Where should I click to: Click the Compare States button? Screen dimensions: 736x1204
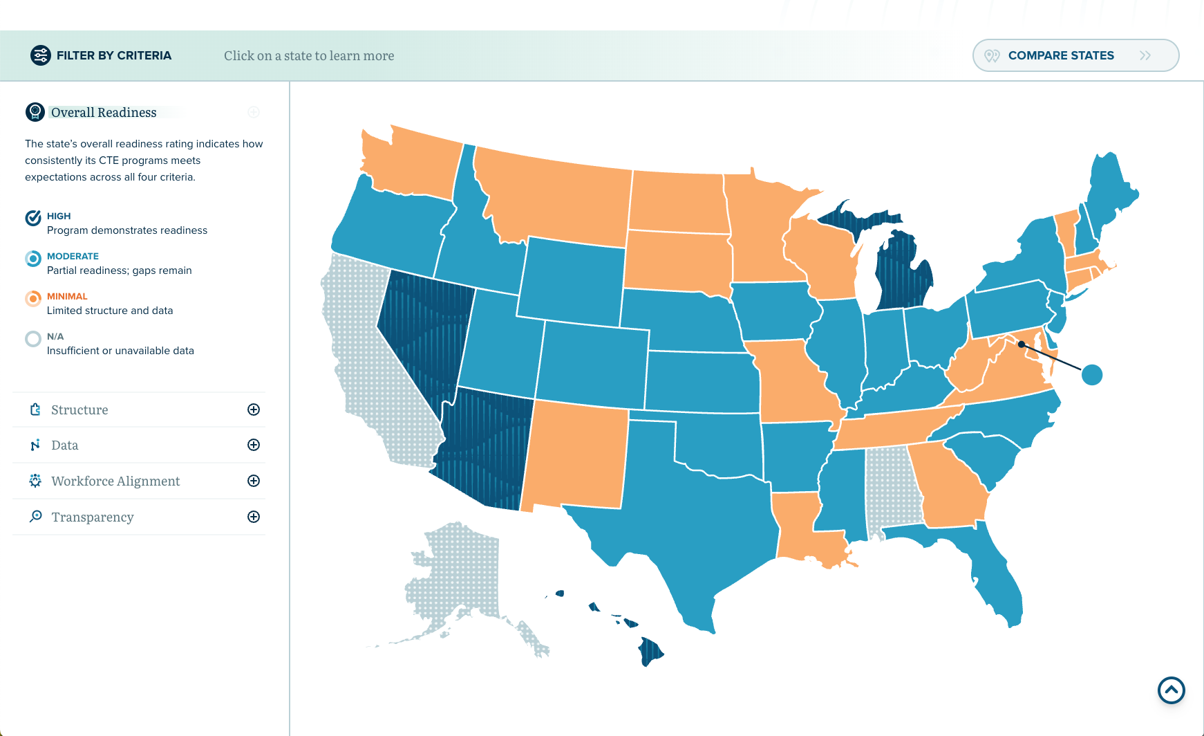pyautogui.click(x=1075, y=55)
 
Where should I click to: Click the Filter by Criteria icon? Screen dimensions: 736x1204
pyautogui.click(x=41, y=55)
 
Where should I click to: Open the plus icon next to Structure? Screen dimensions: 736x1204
pyautogui.click(x=254, y=410)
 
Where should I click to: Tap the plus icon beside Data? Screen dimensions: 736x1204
pyautogui.click(x=254, y=445)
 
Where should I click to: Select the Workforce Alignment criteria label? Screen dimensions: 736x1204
pyautogui.click(x=115, y=481)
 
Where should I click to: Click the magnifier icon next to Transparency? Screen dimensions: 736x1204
pyautogui.click(x=36, y=517)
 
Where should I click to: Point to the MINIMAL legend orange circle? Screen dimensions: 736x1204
pyautogui.click(x=33, y=299)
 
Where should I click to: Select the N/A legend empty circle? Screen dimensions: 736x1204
pyautogui.click(x=33, y=339)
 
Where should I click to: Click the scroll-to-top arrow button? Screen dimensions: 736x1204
pyautogui.click(x=1171, y=690)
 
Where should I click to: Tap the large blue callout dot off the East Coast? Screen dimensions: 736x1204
pyautogui.click(x=1092, y=375)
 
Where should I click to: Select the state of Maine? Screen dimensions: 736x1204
pyautogui.click(x=1110, y=190)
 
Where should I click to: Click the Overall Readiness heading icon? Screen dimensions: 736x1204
pyautogui.click(x=35, y=111)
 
